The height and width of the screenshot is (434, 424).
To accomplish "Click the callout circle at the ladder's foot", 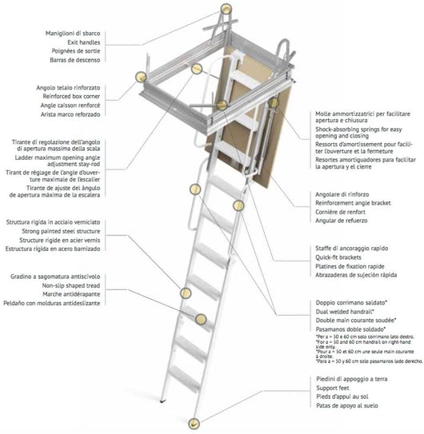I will (x=192, y=423).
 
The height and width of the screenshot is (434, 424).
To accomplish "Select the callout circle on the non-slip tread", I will (x=186, y=294).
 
